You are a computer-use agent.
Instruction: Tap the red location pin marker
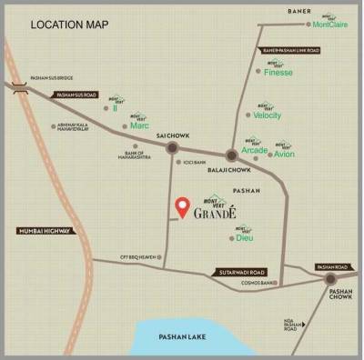click(182, 206)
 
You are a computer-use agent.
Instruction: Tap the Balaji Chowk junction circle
click(232, 156)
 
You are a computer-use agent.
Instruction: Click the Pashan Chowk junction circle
click(333, 283)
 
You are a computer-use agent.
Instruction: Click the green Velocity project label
click(268, 115)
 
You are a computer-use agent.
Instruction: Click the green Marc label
click(139, 125)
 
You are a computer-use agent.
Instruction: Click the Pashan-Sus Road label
click(76, 95)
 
